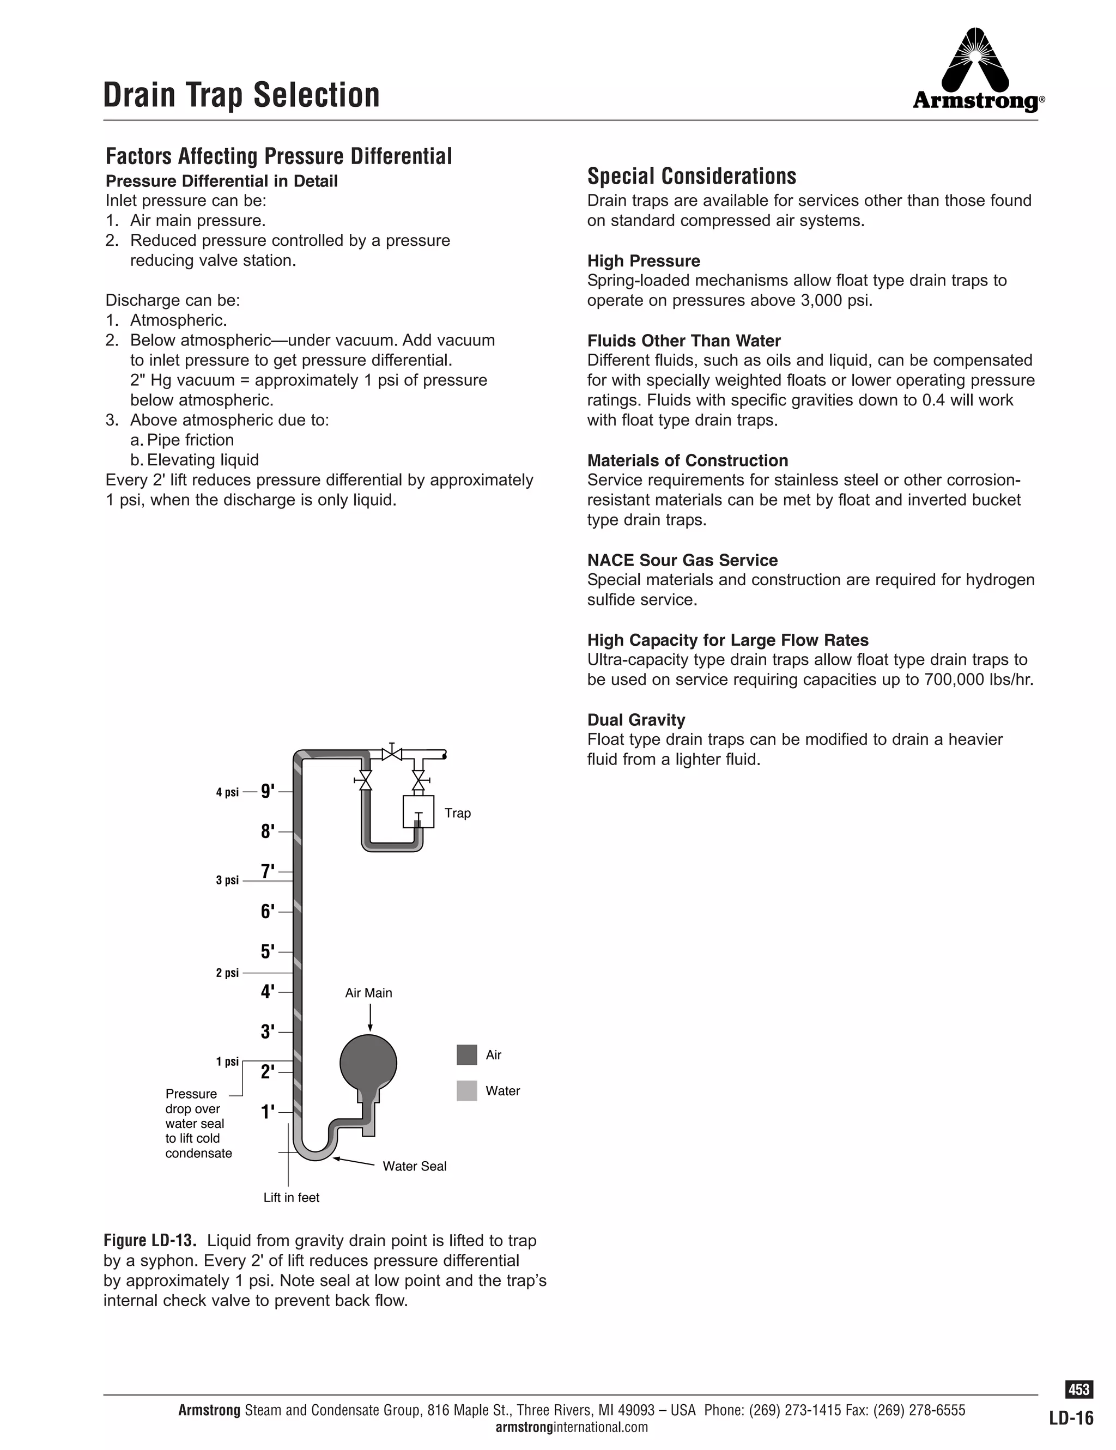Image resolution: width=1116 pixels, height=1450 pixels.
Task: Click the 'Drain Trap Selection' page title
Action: coord(241,95)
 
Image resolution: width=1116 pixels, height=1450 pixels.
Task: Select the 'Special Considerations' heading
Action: coord(691,177)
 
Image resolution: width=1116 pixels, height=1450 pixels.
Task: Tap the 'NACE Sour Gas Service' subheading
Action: coord(682,560)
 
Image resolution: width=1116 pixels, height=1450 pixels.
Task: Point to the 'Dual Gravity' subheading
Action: coord(635,720)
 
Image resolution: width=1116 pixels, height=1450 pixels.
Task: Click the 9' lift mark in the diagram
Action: coord(268,791)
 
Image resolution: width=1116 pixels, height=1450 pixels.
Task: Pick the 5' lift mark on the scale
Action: coord(268,951)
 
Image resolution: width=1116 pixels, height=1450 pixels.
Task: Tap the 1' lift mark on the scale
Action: coord(268,1112)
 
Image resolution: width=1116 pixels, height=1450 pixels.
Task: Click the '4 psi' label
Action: coord(227,792)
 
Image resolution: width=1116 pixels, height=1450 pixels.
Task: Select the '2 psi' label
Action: coord(227,973)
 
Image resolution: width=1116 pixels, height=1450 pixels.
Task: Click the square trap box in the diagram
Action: coord(418,811)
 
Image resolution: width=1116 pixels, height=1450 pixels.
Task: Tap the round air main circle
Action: coord(368,1063)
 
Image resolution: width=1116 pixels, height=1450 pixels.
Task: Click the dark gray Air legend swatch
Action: coord(466,1055)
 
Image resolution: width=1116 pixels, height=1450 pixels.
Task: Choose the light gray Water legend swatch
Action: coord(466,1091)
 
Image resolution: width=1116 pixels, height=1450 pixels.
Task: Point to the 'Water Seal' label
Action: coord(414,1166)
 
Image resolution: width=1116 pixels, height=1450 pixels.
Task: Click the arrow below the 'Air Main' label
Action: coord(370,1018)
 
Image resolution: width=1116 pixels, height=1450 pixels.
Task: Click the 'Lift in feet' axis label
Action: coord(292,1197)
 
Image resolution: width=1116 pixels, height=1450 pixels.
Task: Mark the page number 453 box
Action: coord(1079,1389)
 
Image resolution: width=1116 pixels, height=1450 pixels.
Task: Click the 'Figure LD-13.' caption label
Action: coord(149,1240)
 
